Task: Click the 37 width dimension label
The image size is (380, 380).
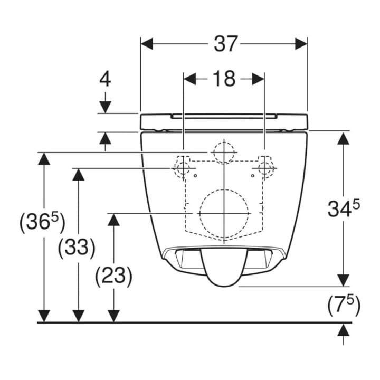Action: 225,44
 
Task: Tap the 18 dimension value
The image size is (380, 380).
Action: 224,79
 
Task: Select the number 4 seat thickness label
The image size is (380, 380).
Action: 105,79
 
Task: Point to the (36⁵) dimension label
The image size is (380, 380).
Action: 42,221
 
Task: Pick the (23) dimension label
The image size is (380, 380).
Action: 113,275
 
